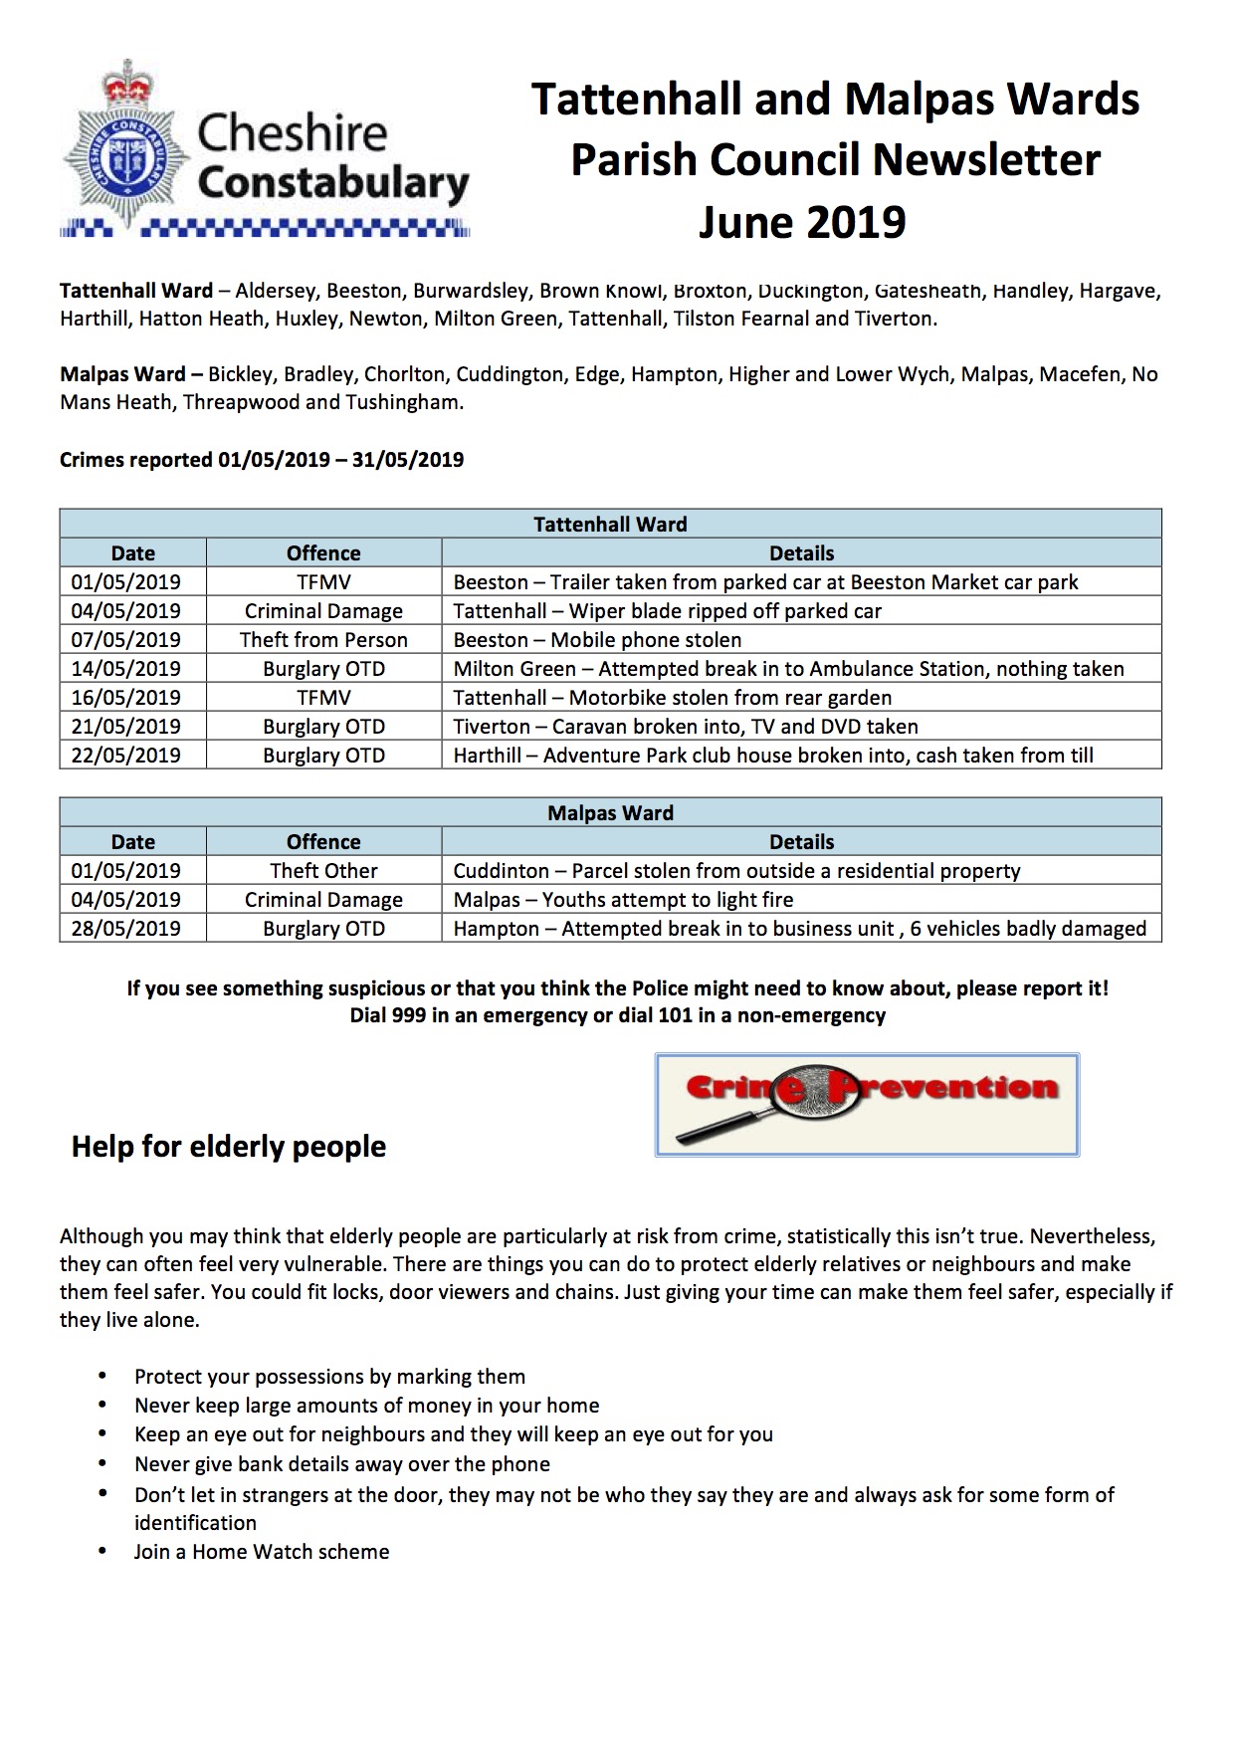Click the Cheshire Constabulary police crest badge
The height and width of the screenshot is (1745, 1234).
[125, 149]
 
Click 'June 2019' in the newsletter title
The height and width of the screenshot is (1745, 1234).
[802, 222]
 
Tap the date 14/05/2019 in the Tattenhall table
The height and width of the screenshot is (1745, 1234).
[126, 669]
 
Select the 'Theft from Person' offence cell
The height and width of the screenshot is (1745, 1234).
[323, 640]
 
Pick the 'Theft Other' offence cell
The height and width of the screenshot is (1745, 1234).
[323, 871]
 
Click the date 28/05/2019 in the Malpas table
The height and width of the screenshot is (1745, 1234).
[126, 929]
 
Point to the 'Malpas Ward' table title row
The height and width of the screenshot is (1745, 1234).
[610, 813]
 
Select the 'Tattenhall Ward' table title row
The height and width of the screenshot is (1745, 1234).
[610, 525]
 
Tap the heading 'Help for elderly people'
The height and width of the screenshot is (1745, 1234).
[229, 1147]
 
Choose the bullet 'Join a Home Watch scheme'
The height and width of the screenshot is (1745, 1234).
[262, 1552]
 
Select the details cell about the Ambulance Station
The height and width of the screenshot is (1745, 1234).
[788, 669]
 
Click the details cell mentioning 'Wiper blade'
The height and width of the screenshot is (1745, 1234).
[667, 611]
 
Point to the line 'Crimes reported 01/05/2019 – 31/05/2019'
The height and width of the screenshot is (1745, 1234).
[262, 460]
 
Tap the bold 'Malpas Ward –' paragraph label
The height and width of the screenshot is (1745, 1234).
[131, 375]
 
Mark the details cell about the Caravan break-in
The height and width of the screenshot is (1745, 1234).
[686, 727]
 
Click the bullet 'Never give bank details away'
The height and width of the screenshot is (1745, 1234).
[342, 1464]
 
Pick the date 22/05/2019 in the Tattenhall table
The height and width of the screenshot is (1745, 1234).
[126, 756]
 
